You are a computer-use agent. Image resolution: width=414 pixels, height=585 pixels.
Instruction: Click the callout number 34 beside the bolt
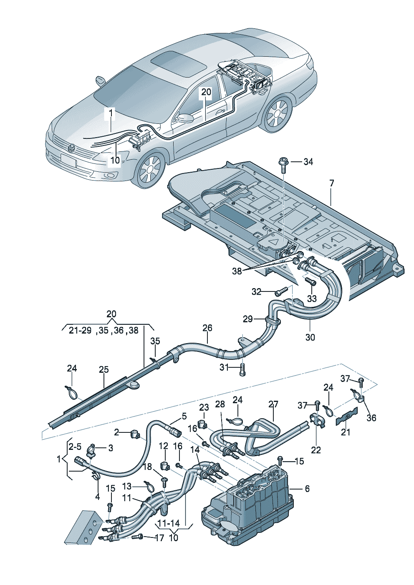[308, 162]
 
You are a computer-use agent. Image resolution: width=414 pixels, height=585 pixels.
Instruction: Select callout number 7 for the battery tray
[331, 183]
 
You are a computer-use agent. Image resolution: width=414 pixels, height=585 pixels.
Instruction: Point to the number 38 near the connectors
[237, 271]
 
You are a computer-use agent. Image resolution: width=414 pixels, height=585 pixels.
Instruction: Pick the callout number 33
[312, 299]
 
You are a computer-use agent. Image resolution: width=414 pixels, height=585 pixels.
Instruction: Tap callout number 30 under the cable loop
[310, 337]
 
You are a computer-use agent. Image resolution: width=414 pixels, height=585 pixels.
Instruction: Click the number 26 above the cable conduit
[207, 328]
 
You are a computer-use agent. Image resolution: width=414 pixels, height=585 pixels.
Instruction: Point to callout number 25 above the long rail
[103, 369]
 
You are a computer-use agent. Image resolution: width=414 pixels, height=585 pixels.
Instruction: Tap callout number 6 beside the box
[307, 489]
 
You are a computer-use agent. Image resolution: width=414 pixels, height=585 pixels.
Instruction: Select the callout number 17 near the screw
[159, 538]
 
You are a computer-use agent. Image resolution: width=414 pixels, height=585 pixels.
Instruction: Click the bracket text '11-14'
[169, 522]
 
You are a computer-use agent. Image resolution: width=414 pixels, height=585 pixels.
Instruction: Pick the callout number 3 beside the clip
[110, 448]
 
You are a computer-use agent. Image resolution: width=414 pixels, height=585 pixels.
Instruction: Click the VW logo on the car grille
[71, 148]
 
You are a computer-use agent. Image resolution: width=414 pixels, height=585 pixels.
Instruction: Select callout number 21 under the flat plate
[346, 432]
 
